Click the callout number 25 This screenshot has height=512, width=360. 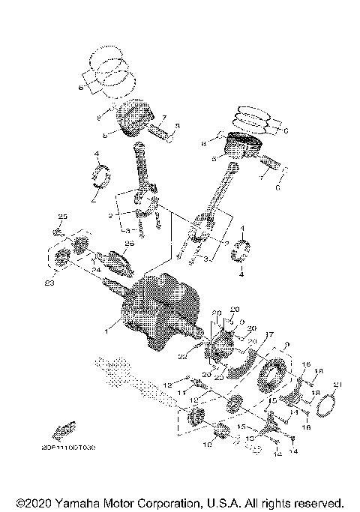[x=63, y=217]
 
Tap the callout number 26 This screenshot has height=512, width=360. [x=129, y=244]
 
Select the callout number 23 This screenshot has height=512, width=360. [x=50, y=283]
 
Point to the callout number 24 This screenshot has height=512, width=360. [x=97, y=270]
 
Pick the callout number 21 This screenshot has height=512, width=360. [x=337, y=385]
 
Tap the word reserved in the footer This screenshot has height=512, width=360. [x=315, y=502]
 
